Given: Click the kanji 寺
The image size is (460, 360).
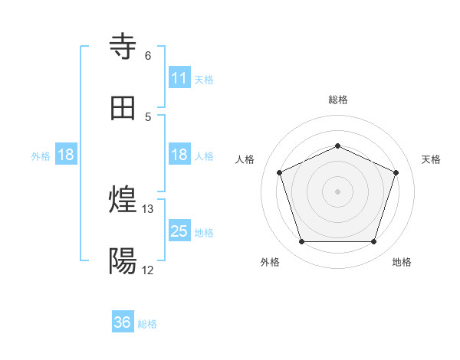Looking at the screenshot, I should point(123,47).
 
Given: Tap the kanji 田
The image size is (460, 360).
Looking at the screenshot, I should point(123,108).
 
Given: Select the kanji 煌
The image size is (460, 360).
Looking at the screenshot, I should point(123,201).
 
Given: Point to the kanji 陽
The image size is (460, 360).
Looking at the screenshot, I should point(123,262).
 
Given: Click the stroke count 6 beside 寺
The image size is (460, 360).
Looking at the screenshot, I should point(148,55).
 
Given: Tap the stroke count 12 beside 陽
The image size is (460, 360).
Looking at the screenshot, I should point(148,270).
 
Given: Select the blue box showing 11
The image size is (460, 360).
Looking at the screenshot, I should point(179,78).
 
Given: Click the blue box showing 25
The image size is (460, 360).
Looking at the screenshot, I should point(179,231).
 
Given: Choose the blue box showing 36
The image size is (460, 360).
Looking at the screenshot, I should point(123,322).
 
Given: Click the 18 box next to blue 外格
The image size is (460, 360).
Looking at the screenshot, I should point(66,155).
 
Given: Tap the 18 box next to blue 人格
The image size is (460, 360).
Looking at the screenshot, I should point(179,155).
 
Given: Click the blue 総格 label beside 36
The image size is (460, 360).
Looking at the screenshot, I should point(147,324).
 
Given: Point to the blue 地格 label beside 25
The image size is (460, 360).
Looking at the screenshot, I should point(204,233).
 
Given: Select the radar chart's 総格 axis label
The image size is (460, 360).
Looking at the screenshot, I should point(337,100).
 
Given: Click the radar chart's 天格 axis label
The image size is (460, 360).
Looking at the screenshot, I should point(431,159).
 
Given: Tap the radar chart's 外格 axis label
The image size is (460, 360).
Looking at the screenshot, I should point(270,263).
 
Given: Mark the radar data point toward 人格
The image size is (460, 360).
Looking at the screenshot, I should point(280,172).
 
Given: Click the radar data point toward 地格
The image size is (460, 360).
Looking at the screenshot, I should point(373,241).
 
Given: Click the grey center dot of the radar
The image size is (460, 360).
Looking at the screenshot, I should point(337,191).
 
